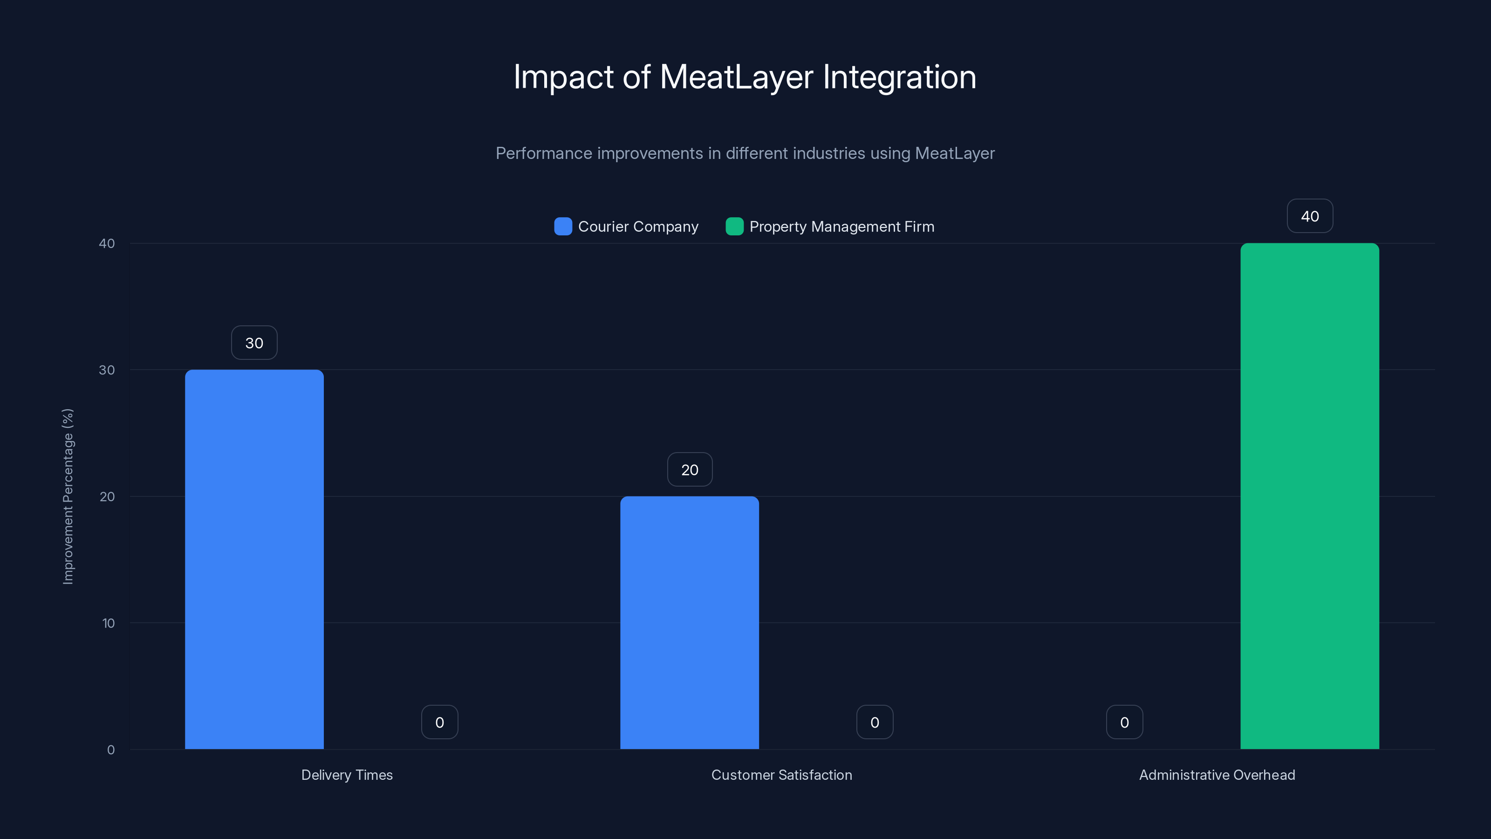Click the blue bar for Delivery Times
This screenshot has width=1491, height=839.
(x=254, y=559)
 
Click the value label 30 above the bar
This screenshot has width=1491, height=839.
(x=254, y=343)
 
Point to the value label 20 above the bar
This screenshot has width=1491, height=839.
(x=690, y=469)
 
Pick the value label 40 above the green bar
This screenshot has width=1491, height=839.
(x=1310, y=216)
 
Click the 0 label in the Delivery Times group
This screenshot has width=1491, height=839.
(x=439, y=722)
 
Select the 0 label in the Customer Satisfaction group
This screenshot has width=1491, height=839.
(x=875, y=722)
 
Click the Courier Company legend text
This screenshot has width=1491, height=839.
(x=638, y=227)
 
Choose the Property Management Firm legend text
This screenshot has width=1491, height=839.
(x=841, y=227)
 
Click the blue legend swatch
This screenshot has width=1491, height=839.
(x=562, y=227)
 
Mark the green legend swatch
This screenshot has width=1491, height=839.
(x=734, y=227)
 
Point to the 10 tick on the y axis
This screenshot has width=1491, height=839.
(x=108, y=623)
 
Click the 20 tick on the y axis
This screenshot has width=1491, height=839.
(x=107, y=496)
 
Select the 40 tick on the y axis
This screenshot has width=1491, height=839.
(x=107, y=243)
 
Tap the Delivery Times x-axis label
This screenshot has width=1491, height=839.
(x=347, y=775)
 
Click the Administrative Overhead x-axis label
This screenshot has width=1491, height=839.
(x=1217, y=775)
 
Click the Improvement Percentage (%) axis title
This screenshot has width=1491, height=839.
(x=68, y=496)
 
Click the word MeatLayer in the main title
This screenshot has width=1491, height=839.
(x=736, y=77)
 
